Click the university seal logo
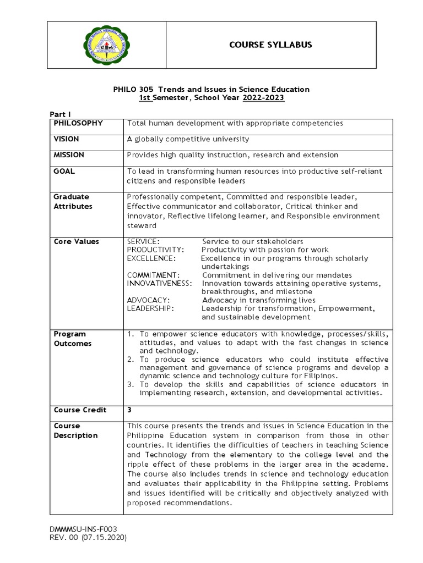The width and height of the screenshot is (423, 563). click(106, 45)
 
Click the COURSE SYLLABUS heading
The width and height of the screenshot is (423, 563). click(270, 45)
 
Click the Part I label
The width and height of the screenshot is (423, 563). click(61, 114)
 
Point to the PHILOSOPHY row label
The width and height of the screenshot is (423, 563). click(78, 123)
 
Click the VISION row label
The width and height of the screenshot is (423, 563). click(67, 139)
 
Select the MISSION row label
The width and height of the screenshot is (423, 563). click(69, 155)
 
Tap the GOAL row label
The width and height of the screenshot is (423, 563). click(64, 171)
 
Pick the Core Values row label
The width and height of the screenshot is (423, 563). click(76, 241)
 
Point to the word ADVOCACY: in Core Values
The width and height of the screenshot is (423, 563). click(148, 300)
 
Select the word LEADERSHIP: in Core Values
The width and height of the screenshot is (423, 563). click(150, 308)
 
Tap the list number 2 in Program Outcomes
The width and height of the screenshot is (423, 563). click(131, 359)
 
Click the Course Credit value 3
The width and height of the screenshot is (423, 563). click(129, 410)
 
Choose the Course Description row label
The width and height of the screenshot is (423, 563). click(75, 430)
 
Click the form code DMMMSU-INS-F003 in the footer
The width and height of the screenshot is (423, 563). click(84, 528)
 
